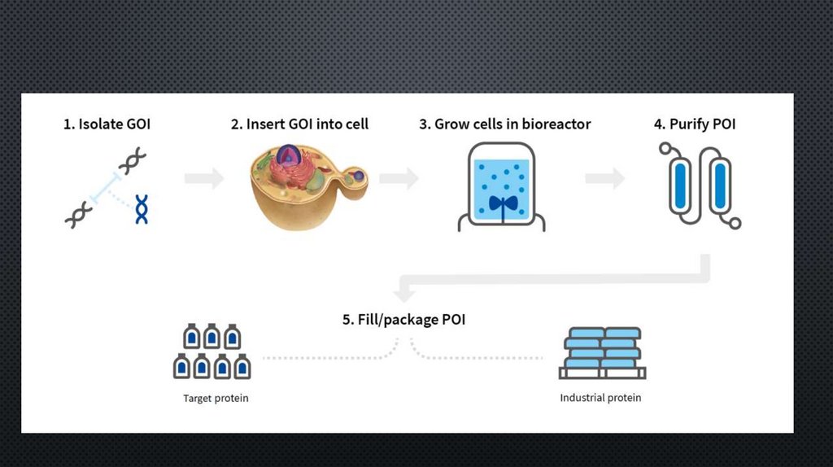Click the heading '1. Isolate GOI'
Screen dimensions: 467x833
[107, 124]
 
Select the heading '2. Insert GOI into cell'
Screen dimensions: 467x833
[299, 124]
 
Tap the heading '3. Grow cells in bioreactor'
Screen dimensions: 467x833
[504, 124]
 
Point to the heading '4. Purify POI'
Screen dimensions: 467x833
[696, 124]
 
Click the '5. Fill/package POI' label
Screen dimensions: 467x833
[403, 319]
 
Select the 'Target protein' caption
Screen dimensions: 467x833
[216, 399]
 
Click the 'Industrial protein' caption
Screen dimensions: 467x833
[600, 398]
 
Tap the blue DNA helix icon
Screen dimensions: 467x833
[142, 209]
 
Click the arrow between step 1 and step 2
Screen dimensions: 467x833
[204, 178]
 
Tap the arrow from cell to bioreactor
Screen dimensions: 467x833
[398, 178]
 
